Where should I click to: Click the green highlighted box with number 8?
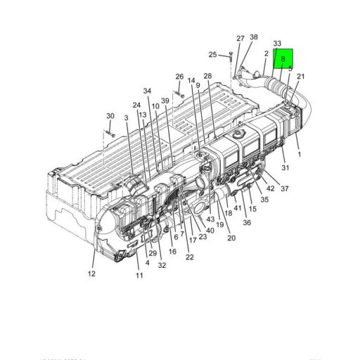[283, 60]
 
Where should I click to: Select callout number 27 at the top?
[240, 39]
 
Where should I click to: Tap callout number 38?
[254, 37]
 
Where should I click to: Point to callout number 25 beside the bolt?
[212, 54]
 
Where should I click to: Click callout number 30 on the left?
[110, 116]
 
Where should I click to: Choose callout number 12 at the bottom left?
[91, 274]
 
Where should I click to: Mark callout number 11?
[139, 275]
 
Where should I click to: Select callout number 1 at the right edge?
[299, 154]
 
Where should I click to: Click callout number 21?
[301, 77]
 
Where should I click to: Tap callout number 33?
[277, 44]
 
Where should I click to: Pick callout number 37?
[285, 188]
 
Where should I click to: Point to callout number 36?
[247, 222]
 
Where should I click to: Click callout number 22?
[190, 257]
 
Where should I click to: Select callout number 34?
[147, 91]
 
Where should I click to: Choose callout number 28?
[207, 76]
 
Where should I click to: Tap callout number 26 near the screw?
[179, 77]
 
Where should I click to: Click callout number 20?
[231, 238]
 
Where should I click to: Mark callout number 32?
[162, 265]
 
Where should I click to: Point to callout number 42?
[270, 188]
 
